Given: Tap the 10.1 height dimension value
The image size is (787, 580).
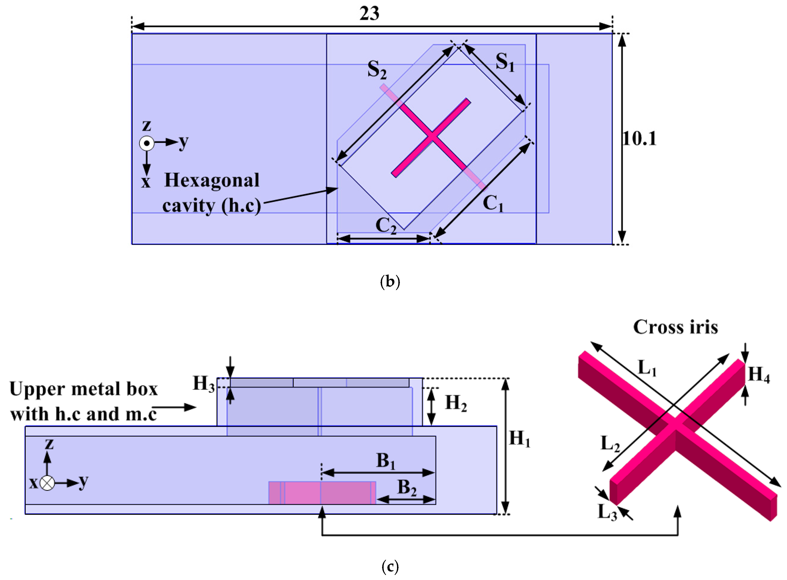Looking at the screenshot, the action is (x=639, y=139).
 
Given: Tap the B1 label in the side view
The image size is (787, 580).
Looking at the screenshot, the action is (x=385, y=461).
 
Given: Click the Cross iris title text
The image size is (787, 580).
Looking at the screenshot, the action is (x=675, y=327).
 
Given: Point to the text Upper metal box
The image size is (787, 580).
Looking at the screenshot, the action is (x=83, y=389).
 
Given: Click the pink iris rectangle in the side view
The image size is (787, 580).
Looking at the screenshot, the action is (x=322, y=493).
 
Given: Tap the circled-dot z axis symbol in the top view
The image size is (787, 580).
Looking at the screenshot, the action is (x=147, y=143).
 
